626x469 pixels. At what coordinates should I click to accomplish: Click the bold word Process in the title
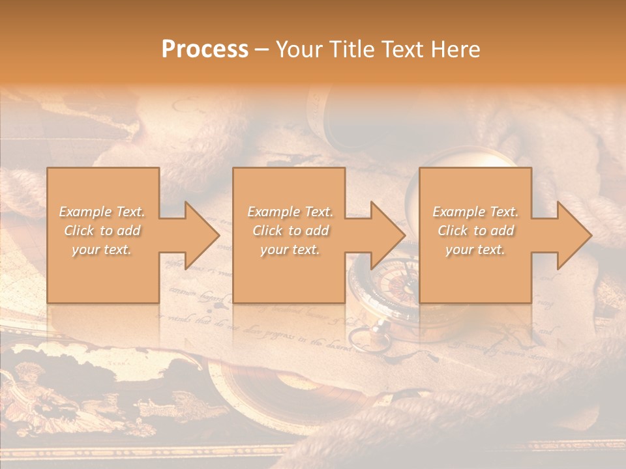(x=205, y=50)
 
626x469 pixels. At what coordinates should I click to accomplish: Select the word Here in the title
(x=456, y=50)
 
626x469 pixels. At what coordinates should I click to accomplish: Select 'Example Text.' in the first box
(x=102, y=212)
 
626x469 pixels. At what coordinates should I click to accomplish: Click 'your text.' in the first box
(x=102, y=249)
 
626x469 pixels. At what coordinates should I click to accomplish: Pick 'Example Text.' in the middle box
(x=290, y=212)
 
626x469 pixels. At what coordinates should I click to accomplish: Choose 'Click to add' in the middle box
(x=290, y=231)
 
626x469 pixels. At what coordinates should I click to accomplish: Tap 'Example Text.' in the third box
(x=475, y=212)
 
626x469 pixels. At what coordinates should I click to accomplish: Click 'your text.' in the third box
(x=475, y=249)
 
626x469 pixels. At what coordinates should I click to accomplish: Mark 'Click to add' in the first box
(x=102, y=231)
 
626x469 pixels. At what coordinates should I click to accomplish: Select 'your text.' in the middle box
(x=290, y=249)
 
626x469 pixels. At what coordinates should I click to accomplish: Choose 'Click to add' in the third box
(x=475, y=231)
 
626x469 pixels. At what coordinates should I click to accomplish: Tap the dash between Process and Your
(x=262, y=50)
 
